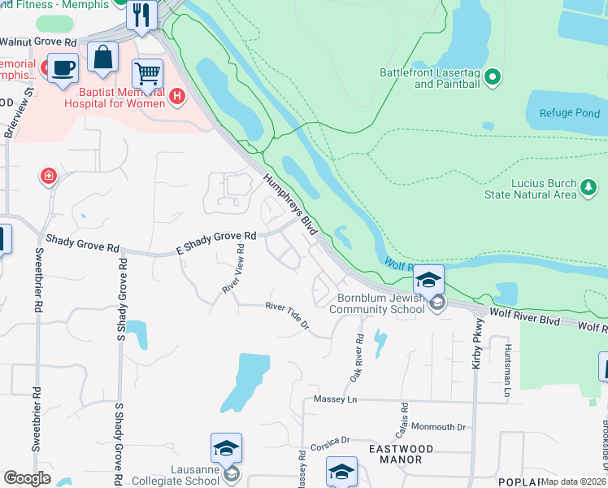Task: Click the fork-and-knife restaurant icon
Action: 141,14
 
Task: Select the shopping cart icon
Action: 147,73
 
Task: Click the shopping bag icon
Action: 103,57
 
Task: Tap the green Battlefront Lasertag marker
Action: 492,78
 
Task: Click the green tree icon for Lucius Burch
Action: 588,189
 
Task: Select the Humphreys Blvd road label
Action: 289,204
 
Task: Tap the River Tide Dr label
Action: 288,316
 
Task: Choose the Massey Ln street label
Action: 335,400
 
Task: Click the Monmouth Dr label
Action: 438,426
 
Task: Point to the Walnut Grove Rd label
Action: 38,41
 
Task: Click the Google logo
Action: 27,477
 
